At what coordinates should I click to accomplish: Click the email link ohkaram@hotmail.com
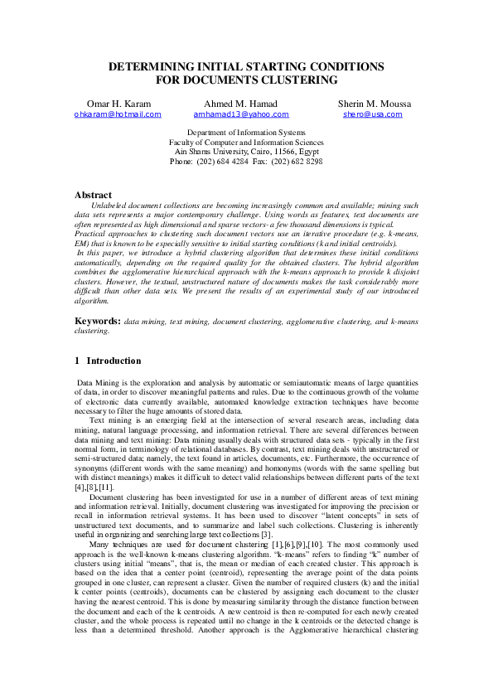(117, 114)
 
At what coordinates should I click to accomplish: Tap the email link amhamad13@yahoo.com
(241, 114)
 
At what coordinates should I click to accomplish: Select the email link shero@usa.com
(372, 114)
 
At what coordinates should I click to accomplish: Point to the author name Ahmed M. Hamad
(240, 103)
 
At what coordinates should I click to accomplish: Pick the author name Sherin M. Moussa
(374, 103)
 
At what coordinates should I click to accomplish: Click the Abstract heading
(93, 196)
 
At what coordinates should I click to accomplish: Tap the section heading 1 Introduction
(108, 361)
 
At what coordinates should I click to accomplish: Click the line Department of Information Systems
(246, 133)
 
